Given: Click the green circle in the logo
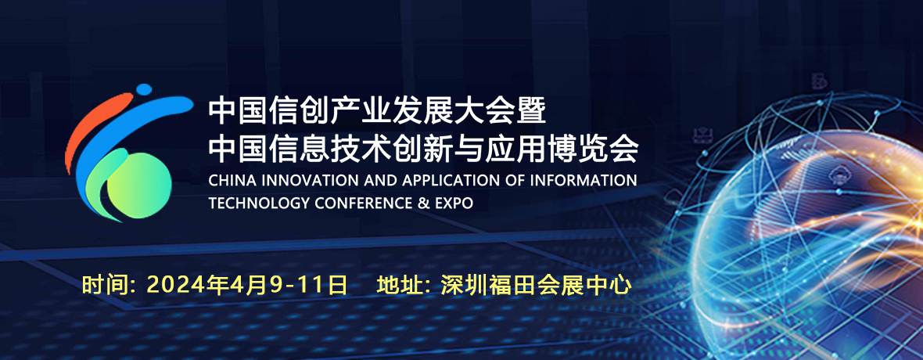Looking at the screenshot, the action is (139, 185).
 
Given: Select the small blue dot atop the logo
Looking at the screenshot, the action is (144, 89).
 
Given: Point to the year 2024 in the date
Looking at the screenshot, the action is (167, 286).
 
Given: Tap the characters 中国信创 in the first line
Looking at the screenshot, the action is (268, 112).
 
